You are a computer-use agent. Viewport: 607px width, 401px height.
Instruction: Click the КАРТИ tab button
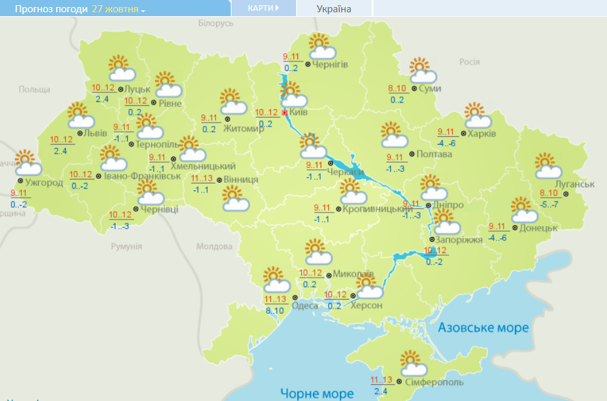263,8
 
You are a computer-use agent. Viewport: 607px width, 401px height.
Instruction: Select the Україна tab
334,9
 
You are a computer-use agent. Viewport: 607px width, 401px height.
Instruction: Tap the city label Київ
299,112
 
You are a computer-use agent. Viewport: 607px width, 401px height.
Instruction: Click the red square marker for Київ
284,112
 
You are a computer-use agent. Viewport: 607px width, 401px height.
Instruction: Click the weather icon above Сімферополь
413,364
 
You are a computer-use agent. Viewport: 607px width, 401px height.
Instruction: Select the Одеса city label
304,305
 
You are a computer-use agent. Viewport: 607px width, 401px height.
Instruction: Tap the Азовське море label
483,327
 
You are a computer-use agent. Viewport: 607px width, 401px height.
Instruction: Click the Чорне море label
317,393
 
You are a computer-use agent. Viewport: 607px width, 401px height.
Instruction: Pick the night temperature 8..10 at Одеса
274,311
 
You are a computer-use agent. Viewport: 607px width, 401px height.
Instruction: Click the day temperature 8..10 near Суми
397,89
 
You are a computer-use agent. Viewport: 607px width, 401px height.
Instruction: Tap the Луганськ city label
573,184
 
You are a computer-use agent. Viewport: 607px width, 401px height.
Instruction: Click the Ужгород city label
44,183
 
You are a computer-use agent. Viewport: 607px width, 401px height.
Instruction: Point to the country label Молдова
214,247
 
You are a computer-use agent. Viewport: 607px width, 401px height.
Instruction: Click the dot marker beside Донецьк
514,228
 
